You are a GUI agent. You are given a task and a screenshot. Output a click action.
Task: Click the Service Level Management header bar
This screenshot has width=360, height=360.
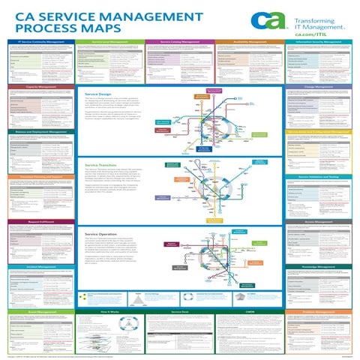point(110,42)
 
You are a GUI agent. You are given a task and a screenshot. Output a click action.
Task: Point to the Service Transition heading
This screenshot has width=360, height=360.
point(102,162)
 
